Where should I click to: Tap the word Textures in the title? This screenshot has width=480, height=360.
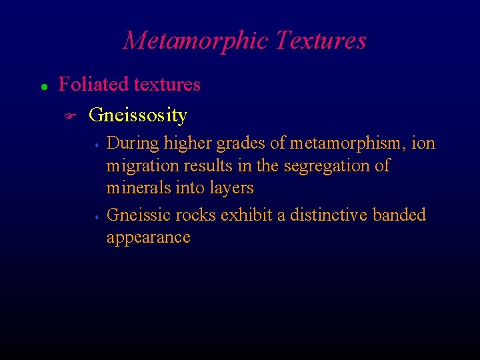point(321,41)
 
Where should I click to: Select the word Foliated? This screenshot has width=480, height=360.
point(94,85)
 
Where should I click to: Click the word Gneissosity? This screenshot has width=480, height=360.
point(137,116)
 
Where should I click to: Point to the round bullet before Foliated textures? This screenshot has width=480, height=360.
point(43,87)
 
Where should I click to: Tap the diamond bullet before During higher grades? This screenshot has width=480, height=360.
point(97,144)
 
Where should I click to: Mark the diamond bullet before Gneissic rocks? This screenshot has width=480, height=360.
point(97,217)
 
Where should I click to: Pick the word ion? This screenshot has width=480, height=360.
point(424,143)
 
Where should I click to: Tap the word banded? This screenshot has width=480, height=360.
point(399,215)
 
